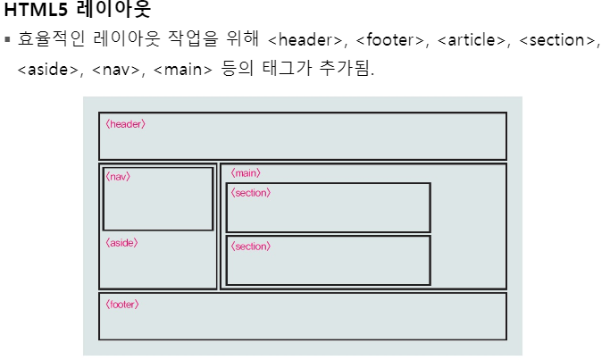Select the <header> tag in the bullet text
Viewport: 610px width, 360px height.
(x=306, y=40)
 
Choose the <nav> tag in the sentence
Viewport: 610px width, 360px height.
(x=117, y=68)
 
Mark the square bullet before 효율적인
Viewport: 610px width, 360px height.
(x=7, y=40)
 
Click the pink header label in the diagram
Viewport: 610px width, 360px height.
(x=125, y=124)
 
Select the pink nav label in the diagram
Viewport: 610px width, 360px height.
(x=118, y=177)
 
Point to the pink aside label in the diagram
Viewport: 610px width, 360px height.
(x=121, y=242)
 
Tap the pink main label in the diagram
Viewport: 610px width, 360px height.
(x=246, y=172)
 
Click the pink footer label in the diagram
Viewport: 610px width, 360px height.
(x=122, y=305)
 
